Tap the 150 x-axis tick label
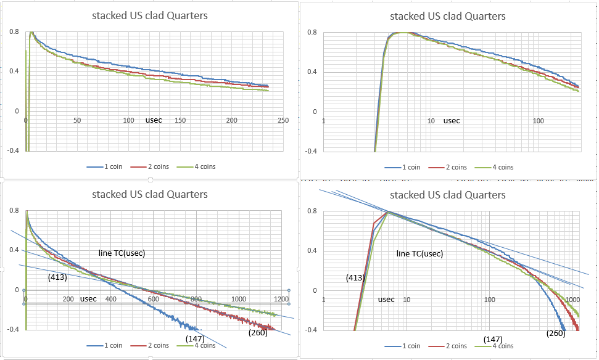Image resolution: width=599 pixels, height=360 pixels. (181, 121)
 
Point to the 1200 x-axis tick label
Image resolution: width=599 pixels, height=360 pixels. (282, 299)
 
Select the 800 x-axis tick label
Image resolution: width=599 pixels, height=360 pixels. (196, 299)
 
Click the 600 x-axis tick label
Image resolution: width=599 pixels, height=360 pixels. (153, 299)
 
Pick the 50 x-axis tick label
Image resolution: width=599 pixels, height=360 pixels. (77, 121)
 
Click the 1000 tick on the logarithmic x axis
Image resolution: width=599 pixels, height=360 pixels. (572, 300)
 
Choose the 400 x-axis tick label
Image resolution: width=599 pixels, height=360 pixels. (110, 299)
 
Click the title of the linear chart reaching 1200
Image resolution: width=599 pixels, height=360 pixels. (150, 195)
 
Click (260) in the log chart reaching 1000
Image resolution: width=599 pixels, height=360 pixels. (556, 333)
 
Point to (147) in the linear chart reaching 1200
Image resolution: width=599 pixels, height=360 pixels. (195, 338)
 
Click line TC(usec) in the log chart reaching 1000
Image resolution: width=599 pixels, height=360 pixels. (419, 254)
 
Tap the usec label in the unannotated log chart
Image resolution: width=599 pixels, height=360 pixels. (452, 121)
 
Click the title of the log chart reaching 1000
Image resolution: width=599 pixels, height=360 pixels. (448, 195)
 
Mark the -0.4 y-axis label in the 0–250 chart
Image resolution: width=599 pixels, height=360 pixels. (14, 150)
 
